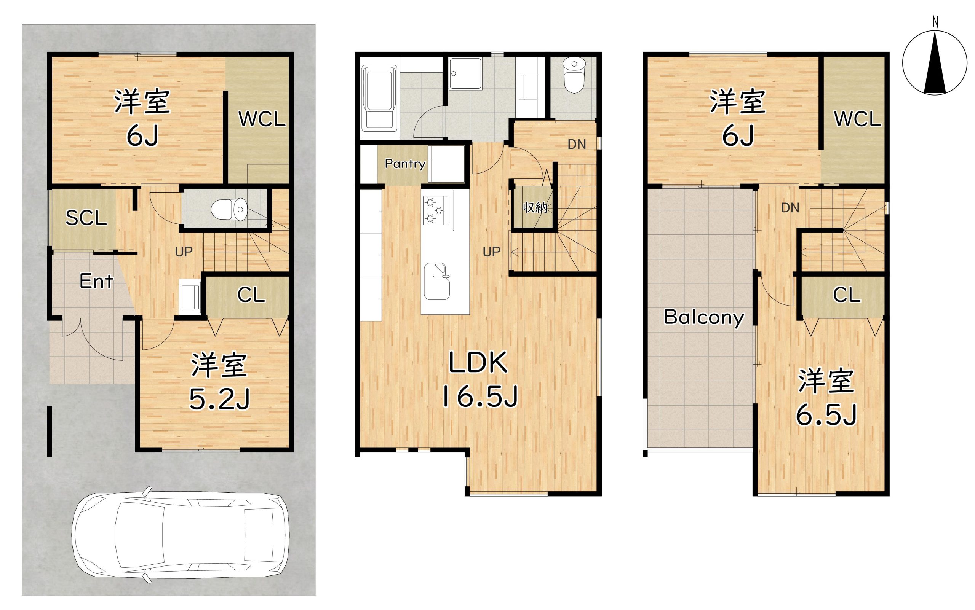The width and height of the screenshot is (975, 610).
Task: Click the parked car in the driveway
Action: [181, 535]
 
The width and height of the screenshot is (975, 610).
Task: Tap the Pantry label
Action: [405, 163]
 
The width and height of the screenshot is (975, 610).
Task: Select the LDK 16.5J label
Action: [479, 380]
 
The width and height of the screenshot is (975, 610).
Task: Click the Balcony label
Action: [704, 317]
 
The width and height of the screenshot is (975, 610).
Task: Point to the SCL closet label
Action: [86, 218]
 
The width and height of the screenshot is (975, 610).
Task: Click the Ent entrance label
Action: [96, 281]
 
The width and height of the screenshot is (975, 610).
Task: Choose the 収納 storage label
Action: [535, 207]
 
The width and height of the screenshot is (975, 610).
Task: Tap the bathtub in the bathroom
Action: [379, 99]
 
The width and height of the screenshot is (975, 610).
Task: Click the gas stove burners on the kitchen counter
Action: [435, 210]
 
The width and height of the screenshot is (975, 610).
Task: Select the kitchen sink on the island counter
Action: [436, 282]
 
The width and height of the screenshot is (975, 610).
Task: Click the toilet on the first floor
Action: [229, 209]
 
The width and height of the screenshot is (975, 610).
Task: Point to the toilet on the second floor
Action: [574, 75]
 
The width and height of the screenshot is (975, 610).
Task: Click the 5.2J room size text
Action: [220, 400]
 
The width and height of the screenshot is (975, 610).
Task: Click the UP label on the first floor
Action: [184, 252]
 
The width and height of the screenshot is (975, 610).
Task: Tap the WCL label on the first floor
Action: [262, 119]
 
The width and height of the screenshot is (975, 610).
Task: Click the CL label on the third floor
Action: [847, 295]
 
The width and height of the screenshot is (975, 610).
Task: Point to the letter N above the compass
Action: [935, 22]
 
